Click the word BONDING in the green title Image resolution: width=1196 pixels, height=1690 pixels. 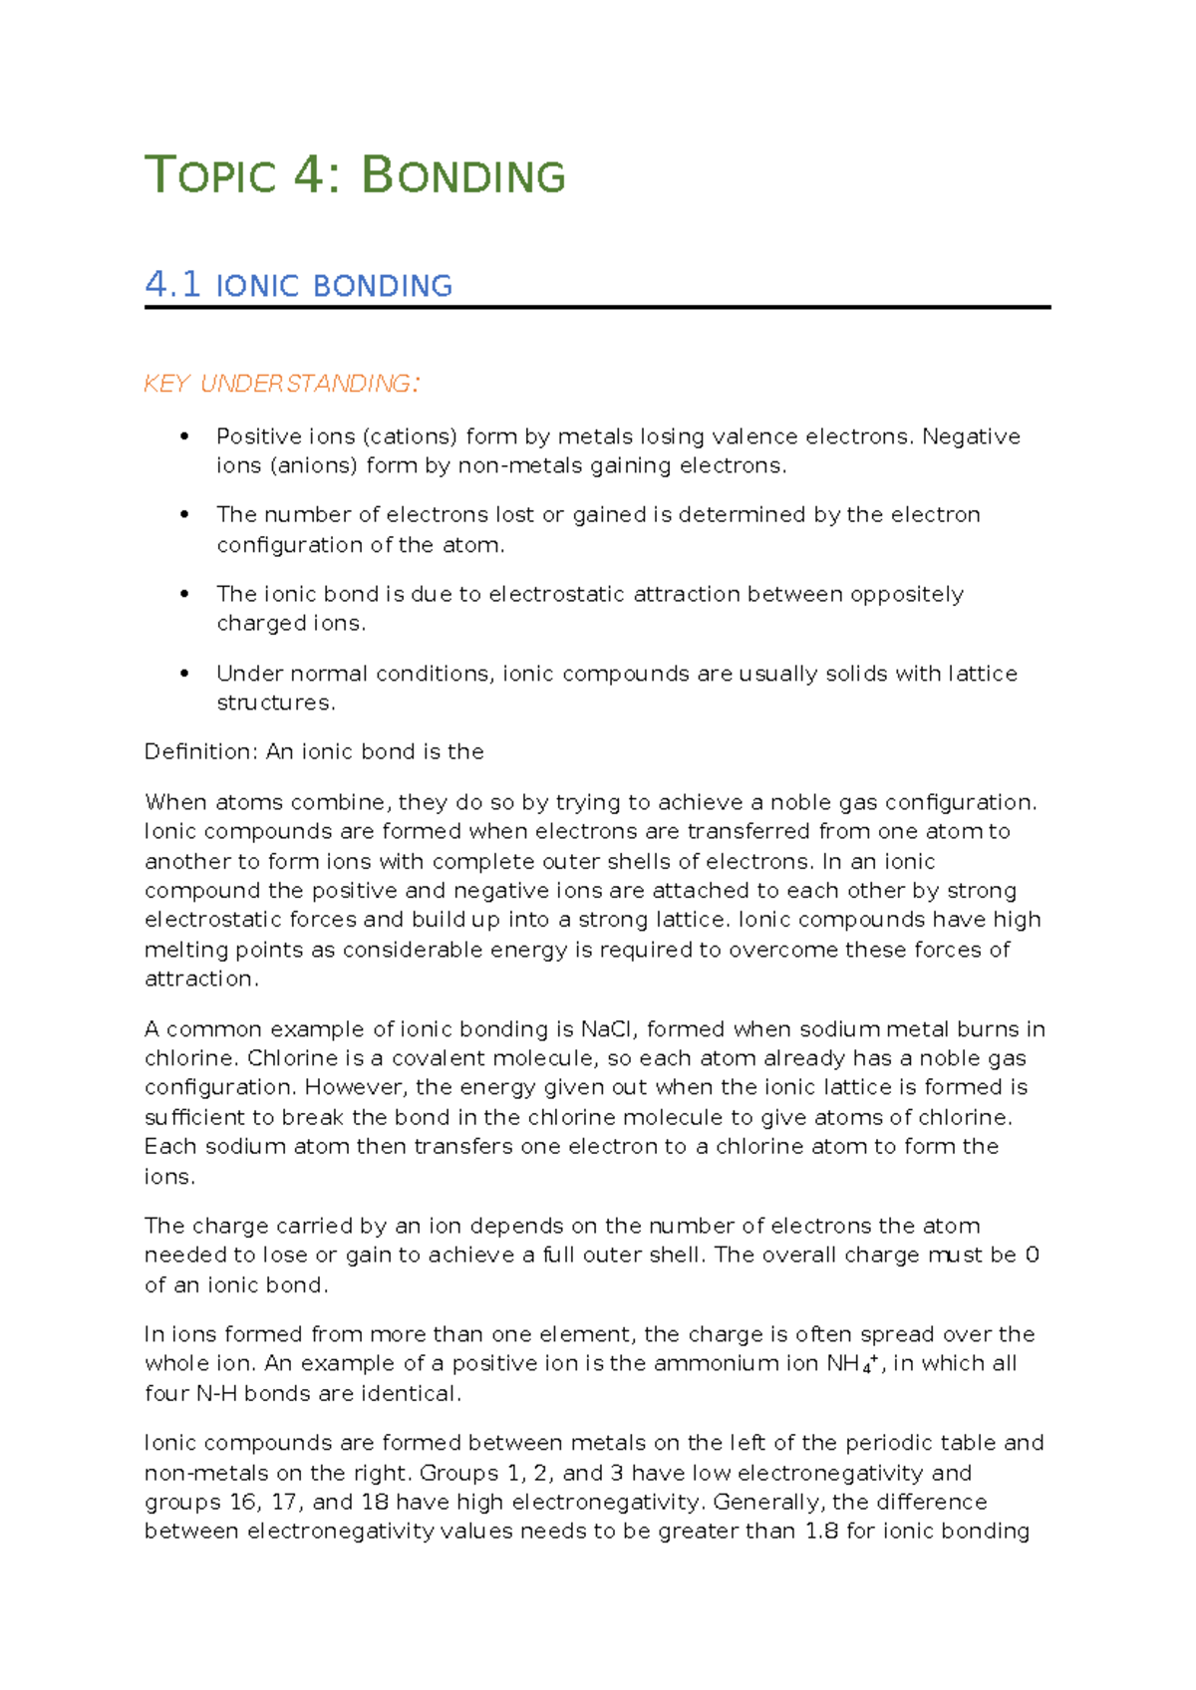point(463,176)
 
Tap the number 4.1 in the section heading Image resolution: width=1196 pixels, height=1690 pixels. point(172,285)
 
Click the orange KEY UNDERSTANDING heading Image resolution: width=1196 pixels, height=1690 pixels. point(281,385)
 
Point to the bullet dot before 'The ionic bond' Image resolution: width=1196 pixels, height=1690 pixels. point(183,594)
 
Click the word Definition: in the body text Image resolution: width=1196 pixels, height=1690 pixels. point(200,752)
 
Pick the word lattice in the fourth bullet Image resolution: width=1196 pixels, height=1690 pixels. point(983,675)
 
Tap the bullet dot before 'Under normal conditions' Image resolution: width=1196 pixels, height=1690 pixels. point(183,674)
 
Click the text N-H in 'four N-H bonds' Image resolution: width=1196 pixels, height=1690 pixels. point(216,1394)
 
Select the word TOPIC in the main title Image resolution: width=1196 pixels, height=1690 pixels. point(210,176)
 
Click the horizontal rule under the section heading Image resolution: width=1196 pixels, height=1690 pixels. point(598,308)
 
